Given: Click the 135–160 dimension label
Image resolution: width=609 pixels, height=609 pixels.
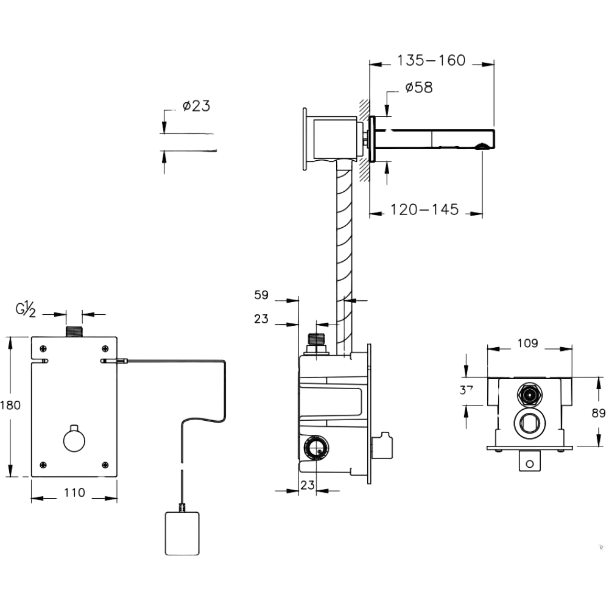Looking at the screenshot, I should coord(431,60).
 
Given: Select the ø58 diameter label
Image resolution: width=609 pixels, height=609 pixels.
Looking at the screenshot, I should coord(419,88).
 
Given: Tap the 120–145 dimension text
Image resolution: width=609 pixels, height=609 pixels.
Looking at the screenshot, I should coord(424,209).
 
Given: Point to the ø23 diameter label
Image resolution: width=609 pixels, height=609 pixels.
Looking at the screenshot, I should coord(196,106).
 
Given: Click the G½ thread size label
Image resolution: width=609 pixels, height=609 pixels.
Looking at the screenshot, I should coord(26,310).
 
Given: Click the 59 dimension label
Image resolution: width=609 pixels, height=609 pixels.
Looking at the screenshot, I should coord(261,295).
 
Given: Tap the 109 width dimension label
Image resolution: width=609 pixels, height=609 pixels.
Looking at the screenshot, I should coord(528,343).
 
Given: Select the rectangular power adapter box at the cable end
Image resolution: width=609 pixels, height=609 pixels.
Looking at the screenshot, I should coord(181,533).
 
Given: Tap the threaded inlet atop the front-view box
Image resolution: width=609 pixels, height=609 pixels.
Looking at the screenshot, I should coord(74,331).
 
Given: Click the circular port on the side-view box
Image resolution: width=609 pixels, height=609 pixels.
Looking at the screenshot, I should coord(315,449).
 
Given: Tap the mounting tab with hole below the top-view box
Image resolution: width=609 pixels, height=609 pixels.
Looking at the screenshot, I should coord(529,462).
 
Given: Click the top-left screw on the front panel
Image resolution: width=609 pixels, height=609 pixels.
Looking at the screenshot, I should coord(43,348).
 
